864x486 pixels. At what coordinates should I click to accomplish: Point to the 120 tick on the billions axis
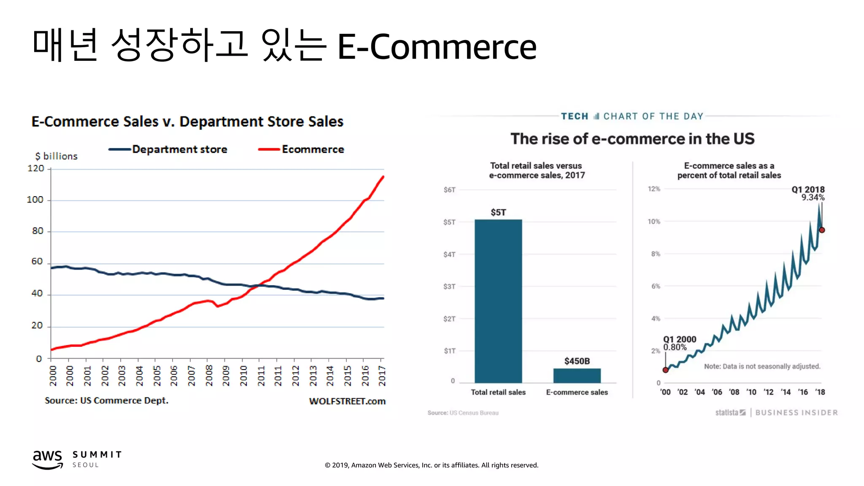(x=36, y=168)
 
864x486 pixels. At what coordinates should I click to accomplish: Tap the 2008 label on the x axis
(x=209, y=375)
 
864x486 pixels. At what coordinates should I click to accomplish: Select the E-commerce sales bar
(x=577, y=375)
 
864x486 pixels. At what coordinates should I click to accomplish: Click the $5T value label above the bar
(x=498, y=212)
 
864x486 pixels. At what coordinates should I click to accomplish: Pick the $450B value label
(x=577, y=361)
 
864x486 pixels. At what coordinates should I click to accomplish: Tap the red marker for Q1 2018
(x=822, y=230)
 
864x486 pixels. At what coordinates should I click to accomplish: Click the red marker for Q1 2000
(x=665, y=370)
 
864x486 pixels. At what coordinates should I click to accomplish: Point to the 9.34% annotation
(x=813, y=197)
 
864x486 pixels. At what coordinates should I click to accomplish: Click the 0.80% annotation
(x=675, y=347)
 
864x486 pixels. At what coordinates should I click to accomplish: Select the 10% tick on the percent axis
(x=654, y=221)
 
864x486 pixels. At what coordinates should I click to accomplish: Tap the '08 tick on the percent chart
(x=734, y=392)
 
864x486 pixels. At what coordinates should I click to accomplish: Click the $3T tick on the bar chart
(x=449, y=286)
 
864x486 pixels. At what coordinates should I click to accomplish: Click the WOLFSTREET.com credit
(x=347, y=401)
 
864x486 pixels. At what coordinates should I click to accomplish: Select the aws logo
(x=48, y=459)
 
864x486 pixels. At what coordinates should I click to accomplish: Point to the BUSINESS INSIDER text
(x=796, y=413)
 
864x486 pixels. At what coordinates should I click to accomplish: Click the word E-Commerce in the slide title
(x=437, y=47)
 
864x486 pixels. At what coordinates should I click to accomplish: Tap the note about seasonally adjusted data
(x=762, y=366)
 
